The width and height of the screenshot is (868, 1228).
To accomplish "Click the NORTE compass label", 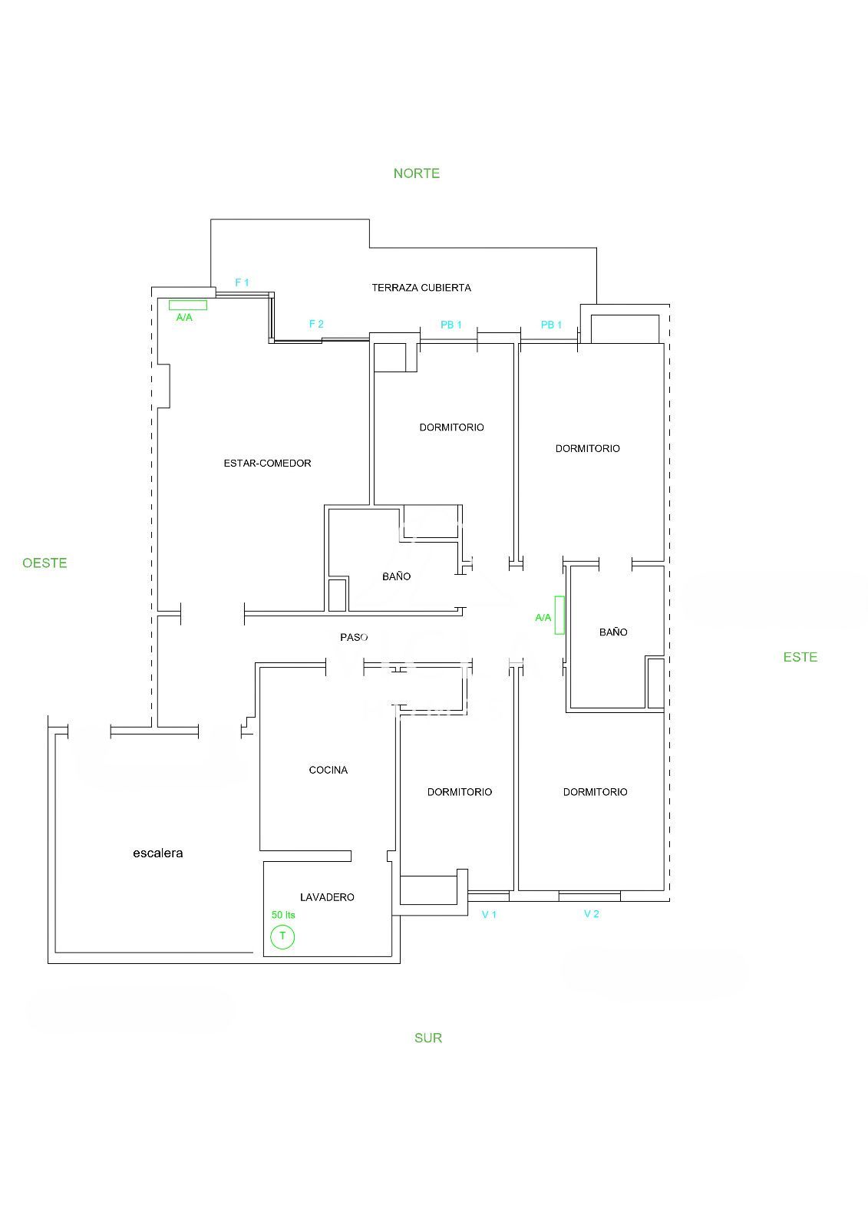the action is tap(416, 173).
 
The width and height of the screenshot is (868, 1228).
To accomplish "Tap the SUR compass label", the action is tap(427, 1038).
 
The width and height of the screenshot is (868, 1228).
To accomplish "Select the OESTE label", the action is tap(45, 563).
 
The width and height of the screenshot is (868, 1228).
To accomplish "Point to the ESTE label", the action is tap(800, 657).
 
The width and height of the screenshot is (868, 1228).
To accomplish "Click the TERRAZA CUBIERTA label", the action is tap(421, 288).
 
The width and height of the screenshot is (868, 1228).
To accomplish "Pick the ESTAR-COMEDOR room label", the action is tap(267, 464).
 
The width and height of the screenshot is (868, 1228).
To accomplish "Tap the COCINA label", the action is tap(328, 771).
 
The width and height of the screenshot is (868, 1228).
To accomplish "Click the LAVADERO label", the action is tap(327, 897).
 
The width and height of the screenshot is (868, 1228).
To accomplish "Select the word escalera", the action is tap(158, 853).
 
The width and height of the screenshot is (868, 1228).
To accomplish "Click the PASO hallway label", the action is tap(354, 637).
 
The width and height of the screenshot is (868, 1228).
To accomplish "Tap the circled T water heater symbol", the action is tap(282, 936).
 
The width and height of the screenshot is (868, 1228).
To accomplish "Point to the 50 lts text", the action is tap(283, 915).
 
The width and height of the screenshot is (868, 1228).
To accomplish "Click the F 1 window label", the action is tap(242, 283).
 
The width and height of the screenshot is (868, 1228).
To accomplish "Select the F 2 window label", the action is tap(316, 324).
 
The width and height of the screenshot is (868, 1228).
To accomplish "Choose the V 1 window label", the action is tap(489, 914).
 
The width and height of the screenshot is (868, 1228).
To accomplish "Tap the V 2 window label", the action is tap(591, 914).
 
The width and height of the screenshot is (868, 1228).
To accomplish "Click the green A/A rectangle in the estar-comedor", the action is tap(187, 305).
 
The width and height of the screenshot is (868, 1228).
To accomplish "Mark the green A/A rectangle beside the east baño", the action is tap(559, 615).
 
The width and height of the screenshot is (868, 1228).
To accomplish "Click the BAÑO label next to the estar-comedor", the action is tap(397, 576).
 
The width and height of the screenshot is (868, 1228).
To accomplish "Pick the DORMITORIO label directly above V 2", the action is tap(595, 792).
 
